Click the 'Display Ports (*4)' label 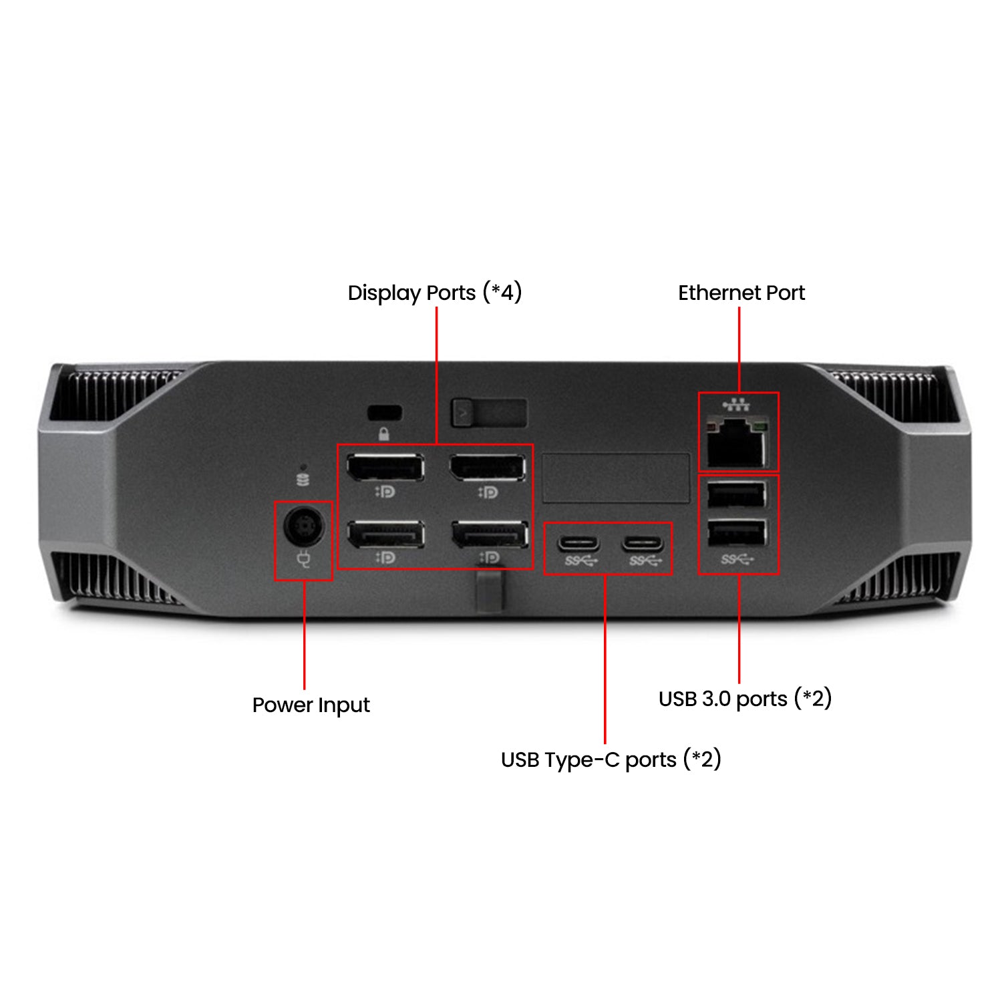click(435, 293)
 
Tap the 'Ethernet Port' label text click(741, 293)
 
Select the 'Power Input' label click(311, 705)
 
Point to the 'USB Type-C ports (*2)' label click(611, 760)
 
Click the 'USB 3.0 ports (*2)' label click(745, 699)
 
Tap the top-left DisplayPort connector click(385, 467)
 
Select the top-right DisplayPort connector click(488, 467)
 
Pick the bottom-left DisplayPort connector click(385, 534)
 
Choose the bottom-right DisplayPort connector click(490, 534)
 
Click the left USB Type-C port click(578, 542)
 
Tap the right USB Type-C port click(643, 542)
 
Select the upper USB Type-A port click(737, 495)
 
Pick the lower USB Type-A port click(737, 533)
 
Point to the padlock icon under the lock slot click(384, 434)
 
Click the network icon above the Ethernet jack click(737, 404)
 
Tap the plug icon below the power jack click(304, 558)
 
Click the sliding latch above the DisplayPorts click(489, 413)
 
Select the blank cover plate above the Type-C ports click(616, 478)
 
